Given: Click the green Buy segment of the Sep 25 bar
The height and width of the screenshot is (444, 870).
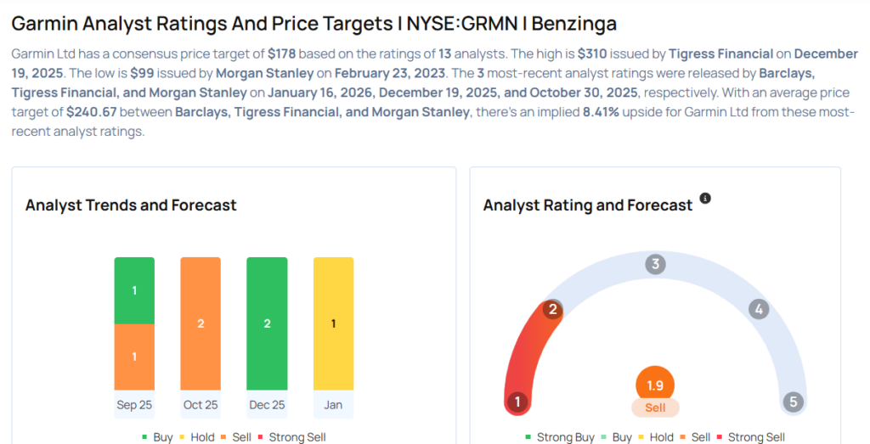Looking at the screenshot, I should click(x=134, y=290).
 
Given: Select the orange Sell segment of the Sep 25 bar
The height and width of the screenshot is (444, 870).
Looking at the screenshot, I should click(x=134, y=357).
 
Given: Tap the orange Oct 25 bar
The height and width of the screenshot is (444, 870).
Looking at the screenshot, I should click(x=201, y=323).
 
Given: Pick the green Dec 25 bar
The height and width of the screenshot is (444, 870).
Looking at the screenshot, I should click(x=267, y=323).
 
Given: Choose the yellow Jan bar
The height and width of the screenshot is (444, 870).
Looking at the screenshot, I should click(x=333, y=323).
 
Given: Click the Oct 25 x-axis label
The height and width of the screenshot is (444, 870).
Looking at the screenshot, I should click(x=201, y=405).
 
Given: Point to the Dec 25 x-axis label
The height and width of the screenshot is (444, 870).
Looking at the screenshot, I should click(x=267, y=405).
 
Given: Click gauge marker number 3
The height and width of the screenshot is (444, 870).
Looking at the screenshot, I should click(x=655, y=264).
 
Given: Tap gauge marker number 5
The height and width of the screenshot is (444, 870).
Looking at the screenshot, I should click(x=793, y=402).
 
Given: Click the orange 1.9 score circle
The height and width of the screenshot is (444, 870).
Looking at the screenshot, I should click(x=655, y=385).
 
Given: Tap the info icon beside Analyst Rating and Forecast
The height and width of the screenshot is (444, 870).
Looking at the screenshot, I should click(x=704, y=199).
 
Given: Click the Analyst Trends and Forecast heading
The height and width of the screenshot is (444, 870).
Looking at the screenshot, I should click(x=131, y=205).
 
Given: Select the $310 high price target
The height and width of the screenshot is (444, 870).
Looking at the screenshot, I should click(x=592, y=53).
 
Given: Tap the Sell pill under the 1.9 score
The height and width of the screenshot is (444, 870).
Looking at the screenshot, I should click(x=655, y=408).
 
